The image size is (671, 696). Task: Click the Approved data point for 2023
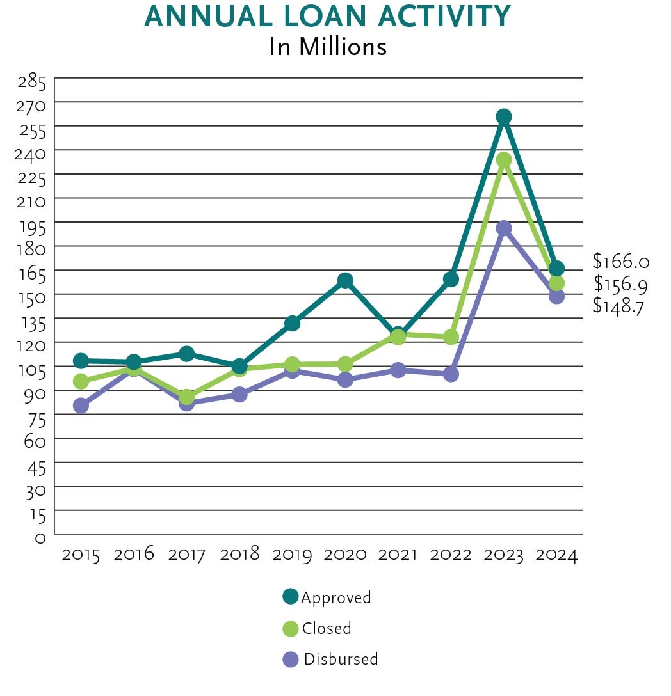504,116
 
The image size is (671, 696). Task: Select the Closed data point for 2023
504,159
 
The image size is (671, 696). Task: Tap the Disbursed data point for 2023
504,228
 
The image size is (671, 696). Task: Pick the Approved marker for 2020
345,280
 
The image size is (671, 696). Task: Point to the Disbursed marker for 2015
81,406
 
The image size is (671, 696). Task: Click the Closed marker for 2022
451,337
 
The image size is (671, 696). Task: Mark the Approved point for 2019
292,323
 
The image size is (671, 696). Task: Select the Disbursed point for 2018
239,394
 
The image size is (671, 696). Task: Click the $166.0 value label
620,261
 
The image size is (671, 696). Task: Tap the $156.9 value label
620,283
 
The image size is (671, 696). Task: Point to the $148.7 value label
618,305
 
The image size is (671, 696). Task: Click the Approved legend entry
327,597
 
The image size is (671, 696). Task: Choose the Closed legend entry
318,628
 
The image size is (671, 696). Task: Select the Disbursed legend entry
331,659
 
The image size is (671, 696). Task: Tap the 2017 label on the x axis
187,554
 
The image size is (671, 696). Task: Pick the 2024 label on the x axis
556,554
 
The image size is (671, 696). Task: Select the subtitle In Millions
328,47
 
